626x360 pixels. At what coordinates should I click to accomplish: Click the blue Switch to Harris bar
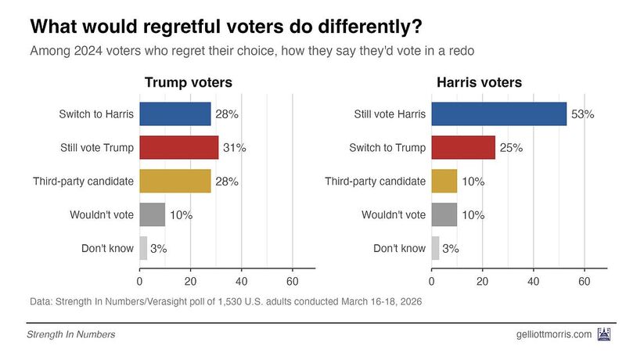(174, 114)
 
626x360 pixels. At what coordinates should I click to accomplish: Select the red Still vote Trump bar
(178, 147)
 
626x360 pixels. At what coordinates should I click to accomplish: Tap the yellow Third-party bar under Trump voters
(174, 181)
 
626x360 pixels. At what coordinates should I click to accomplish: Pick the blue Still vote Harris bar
(498, 114)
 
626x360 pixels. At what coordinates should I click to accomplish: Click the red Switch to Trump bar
(463, 147)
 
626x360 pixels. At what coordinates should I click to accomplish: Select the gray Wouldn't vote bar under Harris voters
(444, 214)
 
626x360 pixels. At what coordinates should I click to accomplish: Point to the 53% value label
(582, 114)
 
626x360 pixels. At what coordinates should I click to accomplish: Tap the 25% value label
(511, 147)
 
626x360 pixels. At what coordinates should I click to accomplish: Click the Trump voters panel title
(188, 83)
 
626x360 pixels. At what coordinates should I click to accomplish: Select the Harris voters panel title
(479, 83)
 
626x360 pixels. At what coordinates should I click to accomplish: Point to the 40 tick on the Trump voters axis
(241, 281)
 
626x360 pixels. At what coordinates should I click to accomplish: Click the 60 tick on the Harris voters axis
(585, 281)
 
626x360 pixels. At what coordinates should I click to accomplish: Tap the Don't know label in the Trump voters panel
(108, 248)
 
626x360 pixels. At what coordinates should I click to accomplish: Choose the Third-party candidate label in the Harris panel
(376, 181)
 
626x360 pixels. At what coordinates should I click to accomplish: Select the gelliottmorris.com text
(549, 334)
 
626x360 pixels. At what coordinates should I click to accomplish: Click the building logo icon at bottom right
(604, 334)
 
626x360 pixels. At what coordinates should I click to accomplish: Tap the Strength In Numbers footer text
(71, 335)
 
